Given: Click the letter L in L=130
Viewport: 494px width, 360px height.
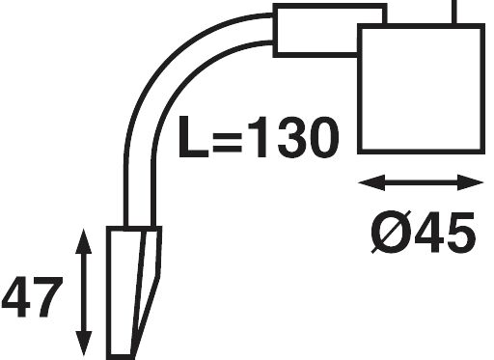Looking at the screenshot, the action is (x=193, y=139).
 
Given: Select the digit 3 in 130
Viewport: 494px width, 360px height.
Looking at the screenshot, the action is (x=286, y=139).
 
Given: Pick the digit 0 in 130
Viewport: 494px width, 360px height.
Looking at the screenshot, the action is (x=320, y=139).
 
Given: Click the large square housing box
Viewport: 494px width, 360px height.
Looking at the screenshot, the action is (x=420, y=89).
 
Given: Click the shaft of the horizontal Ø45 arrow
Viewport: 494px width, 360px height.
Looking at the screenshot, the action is (x=420, y=182).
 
